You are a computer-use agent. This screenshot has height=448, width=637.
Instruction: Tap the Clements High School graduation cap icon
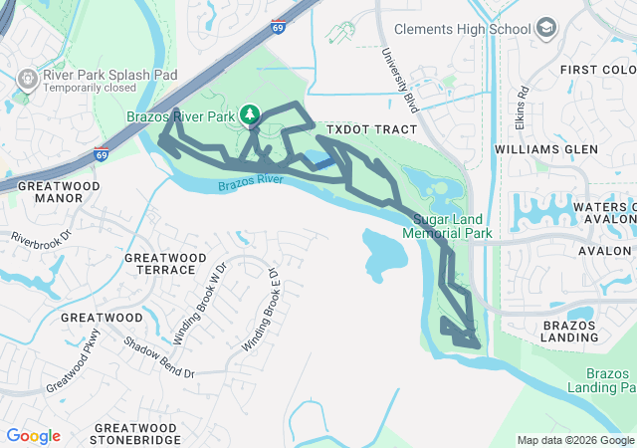coord(545,29)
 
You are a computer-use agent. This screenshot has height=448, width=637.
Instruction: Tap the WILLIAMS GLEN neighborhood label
coord(546,149)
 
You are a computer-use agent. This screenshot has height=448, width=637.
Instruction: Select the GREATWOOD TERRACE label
coord(159,264)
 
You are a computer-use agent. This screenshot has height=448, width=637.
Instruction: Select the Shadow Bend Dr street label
coord(159,357)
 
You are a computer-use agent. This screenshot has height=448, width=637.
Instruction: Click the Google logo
coord(33,436)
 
